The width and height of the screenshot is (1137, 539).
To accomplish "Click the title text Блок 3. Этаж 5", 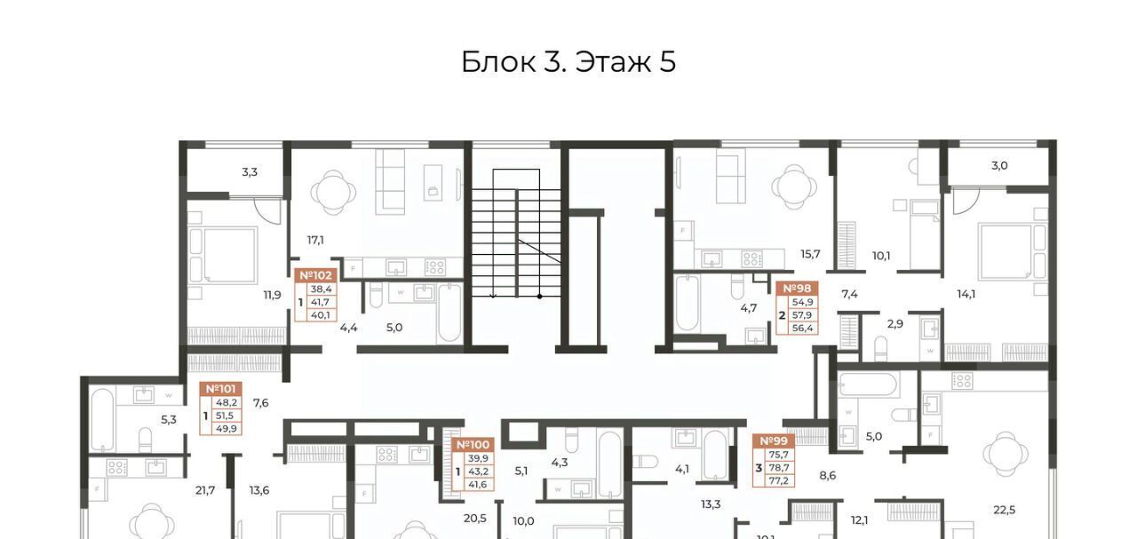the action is pyautogui.click(x=568, y=62).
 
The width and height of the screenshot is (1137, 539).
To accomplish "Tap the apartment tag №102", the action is pyautogui.click(x=315, y=275).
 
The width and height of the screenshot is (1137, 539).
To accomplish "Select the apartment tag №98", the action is pyautogui.click(x=797, y=289).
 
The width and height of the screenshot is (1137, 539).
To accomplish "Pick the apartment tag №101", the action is pyautogui.click(x=220, y=389).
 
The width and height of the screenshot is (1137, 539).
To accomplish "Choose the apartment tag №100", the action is pyautogui.click(x=473, y=445).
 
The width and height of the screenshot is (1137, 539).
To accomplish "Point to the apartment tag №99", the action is pyautogui.click(x=774, y=441).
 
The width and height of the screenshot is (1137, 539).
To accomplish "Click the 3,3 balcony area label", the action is pyautogui.click(x=250, y=172).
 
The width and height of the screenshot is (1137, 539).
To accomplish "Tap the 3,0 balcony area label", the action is pyautogui.click(x=999, y=165).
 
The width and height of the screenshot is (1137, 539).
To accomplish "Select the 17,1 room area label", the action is pyautogui.click(x=315, y=240).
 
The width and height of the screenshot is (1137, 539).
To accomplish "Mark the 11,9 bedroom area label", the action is pyautogui.click(x=272, y=295).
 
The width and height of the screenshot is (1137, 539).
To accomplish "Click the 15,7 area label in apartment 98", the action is pyautogui.click(x=810, y=254).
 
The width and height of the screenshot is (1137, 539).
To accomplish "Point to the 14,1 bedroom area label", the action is pyautogui.click(x=966, y=295).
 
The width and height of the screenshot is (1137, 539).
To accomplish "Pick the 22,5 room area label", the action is pyautogui.click(x=1004, y=510).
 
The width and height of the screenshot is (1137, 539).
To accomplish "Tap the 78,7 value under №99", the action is pyautogui.click(x=779, y=467).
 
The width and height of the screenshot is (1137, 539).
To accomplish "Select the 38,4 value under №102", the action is pyautogui.click(x=321, y=289).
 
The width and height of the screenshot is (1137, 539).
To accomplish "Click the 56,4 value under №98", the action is pyautogui.click(x=802, y=329).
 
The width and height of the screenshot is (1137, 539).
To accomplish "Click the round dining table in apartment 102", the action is pyautogui.click(x=333, y=193).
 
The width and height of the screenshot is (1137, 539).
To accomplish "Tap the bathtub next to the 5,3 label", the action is pyautogui.click(x=102, y=420).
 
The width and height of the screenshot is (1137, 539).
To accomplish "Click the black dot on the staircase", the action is pyautogui.click(x=539, y=297).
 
